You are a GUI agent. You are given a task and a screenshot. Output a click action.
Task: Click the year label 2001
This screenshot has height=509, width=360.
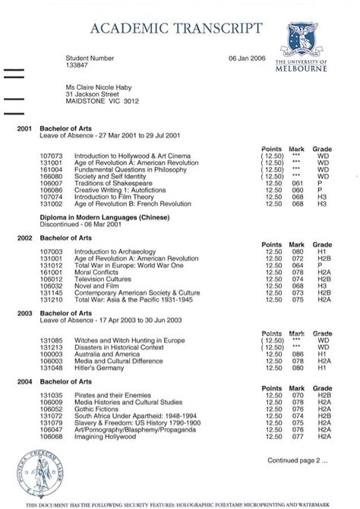pyautogui.click(x=24, y=129)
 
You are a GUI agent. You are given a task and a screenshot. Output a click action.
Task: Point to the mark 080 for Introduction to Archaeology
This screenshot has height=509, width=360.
pyautogui.click(x=297, y=251)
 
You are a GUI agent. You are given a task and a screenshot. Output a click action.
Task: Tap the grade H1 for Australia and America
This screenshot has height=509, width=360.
pyautogui.click(x=322, y=355)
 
